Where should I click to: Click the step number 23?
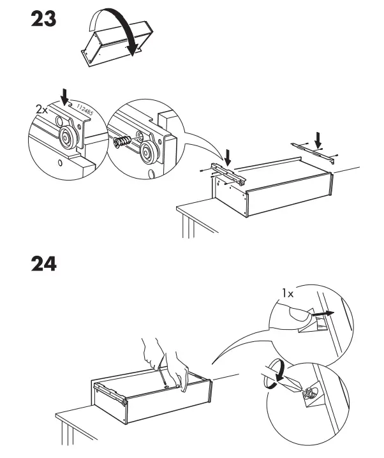[43, 20]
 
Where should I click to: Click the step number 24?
[43, 263]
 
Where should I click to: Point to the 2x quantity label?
[42, 109]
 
